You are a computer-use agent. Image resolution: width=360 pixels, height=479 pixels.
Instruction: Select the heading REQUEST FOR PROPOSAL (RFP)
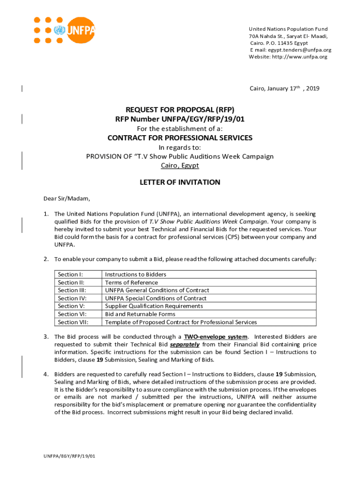(180, 109)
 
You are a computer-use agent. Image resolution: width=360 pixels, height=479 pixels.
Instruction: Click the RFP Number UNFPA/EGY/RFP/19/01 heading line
(180, 119)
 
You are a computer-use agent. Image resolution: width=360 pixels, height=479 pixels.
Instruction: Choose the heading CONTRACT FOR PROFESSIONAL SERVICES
(180, 138)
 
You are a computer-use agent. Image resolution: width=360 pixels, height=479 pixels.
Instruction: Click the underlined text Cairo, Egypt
(180, 166)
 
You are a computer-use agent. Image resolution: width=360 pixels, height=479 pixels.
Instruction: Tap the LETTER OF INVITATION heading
(180, 182)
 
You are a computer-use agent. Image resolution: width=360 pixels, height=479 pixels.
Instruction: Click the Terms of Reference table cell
(131, 283)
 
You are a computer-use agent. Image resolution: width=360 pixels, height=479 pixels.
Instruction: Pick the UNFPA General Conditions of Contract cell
(157, 290)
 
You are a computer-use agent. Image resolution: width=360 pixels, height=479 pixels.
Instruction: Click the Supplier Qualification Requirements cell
(154, 306)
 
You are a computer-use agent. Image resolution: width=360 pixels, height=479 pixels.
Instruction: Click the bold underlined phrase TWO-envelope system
(216, 337)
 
